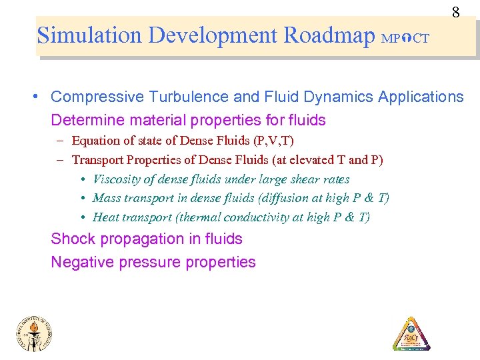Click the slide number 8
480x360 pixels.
(455, 13)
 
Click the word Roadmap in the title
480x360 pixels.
(329, 35)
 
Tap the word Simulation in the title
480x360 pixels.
(91, 35)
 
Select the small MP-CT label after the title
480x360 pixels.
(405, 39)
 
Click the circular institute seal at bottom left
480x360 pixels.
(35, 333)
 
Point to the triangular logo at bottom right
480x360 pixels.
(411, 333)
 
